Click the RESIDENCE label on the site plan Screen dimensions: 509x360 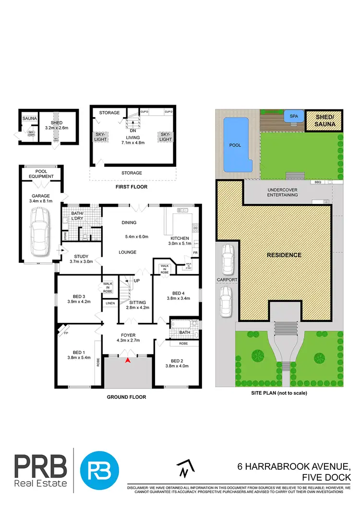coord(284,255)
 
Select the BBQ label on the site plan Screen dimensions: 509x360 coord(317,183)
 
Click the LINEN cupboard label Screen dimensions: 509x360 coord(109,303)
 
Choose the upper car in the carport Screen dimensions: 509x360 coord(227,260)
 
